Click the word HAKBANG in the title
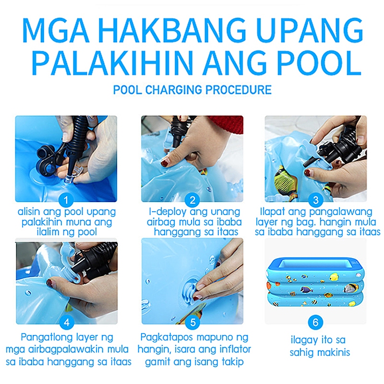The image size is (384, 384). coord(172,30)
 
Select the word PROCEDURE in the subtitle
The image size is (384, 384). coord(238,90)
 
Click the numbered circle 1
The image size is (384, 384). coord(66,200)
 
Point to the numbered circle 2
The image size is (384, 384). coord(192,200)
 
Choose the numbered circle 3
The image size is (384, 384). coord(316,200)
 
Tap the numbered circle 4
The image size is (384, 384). coord(67,323)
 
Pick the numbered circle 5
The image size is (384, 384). coord(193,323)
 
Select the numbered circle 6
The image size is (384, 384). coord(316,322)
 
